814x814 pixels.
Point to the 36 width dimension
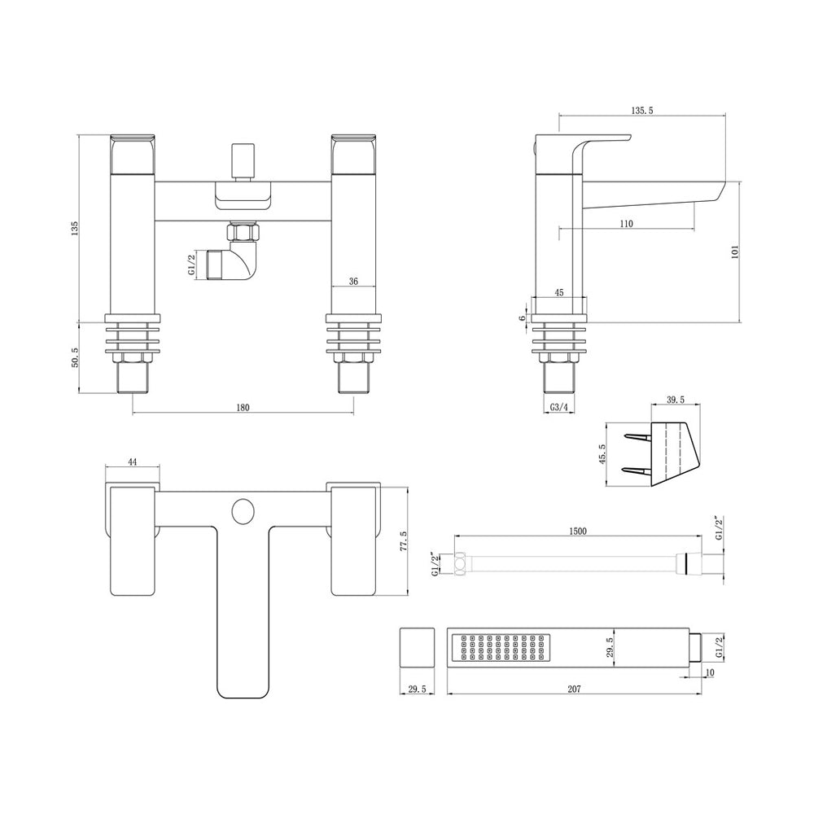[x=353, y=281]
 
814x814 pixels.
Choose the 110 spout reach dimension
[x=626, y=224]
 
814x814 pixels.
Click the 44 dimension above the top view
[x=132, y=462]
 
